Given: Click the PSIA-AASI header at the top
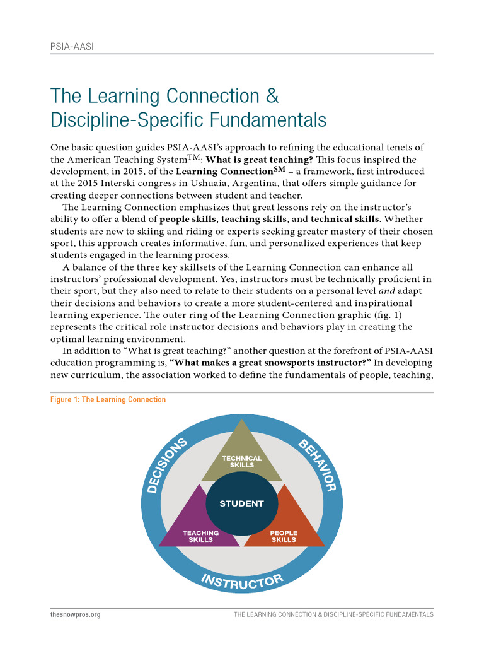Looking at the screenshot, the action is point(72,47).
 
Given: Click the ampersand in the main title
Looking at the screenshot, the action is point(270,97).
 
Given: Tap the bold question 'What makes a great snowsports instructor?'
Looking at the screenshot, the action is point(272,363).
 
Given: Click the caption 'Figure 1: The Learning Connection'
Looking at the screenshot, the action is point(108,399).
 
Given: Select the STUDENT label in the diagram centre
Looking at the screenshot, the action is point(241,503).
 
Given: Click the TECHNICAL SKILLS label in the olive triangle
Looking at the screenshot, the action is point(241,461).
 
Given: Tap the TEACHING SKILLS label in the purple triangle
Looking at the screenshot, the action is point(200,536).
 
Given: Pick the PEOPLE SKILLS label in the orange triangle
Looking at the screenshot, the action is point(284,536).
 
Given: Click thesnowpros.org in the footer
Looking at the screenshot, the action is point(75,614).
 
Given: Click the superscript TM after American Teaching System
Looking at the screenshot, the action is point(188,156).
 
